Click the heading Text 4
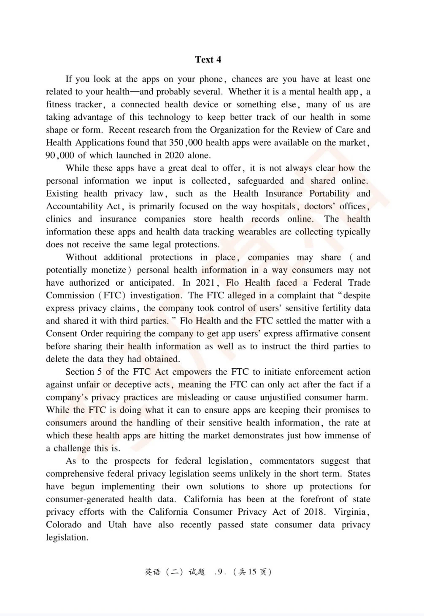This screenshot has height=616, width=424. pos(208,59)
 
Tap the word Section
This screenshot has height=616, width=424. pos(80,372)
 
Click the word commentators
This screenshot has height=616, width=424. pos(287,461)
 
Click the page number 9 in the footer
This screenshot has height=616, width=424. pos(219,572)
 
